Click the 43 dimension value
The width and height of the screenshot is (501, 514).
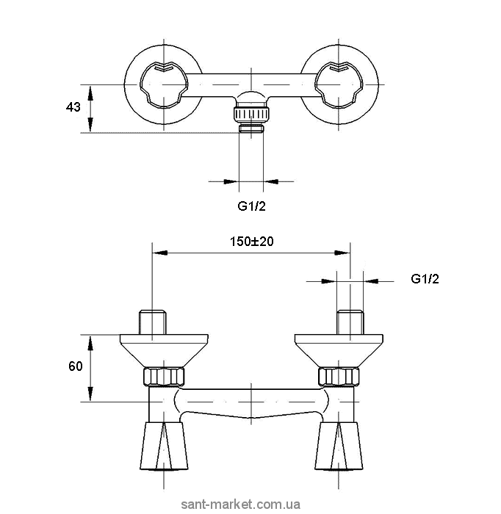(x=73, y=107)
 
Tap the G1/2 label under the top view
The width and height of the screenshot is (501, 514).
(x=251, y=206)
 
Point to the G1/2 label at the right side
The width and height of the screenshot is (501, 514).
(x=425, y=279)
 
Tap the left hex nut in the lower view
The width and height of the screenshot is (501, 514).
(x=164, y=377)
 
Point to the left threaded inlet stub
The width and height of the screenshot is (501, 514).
(x=151, y=322)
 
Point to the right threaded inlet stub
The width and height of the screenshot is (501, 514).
(x=350, y=322)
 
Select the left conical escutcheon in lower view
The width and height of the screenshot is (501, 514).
(x=163, y=350)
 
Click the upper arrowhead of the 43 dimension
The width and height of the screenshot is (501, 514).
(x=90, y=90)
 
